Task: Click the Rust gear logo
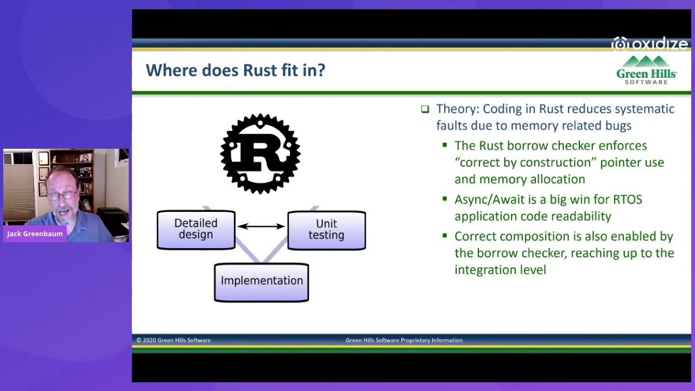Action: pos(261,154)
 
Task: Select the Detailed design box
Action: pos(196,229)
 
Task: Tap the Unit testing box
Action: pos(326,230)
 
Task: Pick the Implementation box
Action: pos(261,281)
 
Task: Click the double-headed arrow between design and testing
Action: pos(261,226)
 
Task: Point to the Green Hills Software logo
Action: pos(646,71)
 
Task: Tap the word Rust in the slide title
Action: pos(260,70)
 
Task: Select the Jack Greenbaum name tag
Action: pos(35,234)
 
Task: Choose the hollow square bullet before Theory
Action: pos(425,109)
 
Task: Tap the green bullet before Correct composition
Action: pos(445,236)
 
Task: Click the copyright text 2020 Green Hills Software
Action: pos(173,340)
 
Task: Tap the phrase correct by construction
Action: pos(525,162)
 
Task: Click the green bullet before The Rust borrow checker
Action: pos(445,145)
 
